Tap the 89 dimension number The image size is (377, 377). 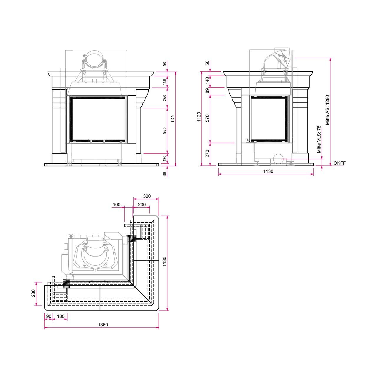click(x=207, y=91)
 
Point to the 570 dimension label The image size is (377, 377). click(x=207, y=118)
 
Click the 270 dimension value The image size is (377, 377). click(x=207, y=153)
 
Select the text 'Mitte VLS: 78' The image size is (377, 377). click(x=319, y=139)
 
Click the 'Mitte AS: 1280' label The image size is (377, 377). click(x=328, y=110)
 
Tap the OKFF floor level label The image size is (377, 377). click(x=340, y=163)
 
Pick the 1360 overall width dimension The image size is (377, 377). click(x=103, y=325)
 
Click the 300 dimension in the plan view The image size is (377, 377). click(x=147, y=196)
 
